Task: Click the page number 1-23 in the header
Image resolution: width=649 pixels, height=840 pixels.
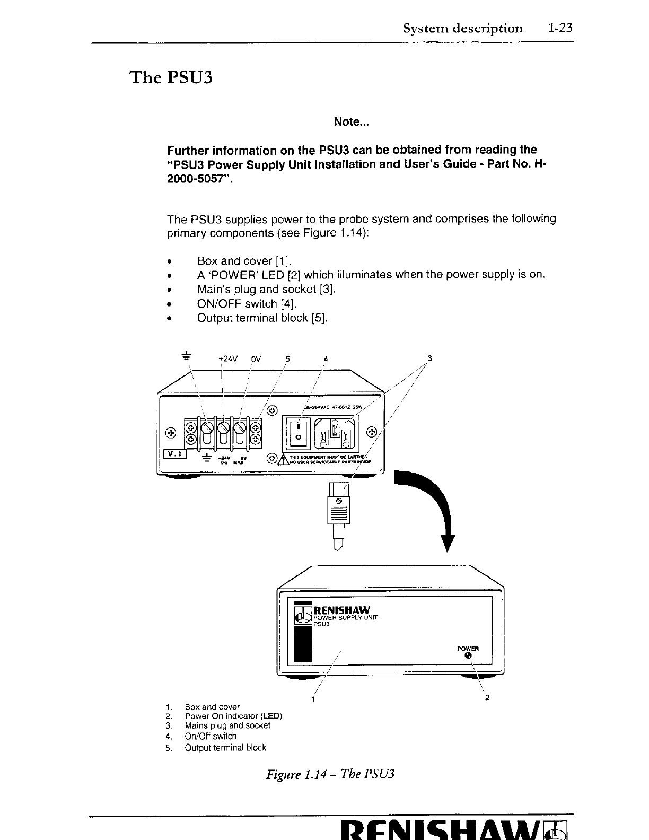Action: coord(560,28)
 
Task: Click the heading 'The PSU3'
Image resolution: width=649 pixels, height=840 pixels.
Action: coord(171,78)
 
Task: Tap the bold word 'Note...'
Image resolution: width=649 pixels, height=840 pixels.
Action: coord(351,122)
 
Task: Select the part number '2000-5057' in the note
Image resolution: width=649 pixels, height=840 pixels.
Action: coord(199,179)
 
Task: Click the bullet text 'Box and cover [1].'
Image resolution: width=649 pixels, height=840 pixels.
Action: coord(244,261)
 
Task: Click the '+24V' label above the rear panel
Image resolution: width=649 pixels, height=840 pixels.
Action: coord(229,358)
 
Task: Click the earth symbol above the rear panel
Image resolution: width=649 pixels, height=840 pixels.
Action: coord(187,355)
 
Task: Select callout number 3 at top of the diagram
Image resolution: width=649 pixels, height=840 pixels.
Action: coord(429,358)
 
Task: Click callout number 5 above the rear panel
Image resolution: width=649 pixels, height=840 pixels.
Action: coord(287,358)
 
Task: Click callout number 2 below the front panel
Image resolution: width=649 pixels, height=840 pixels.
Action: coord(487,697)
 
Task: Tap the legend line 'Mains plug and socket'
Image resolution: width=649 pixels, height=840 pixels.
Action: coord(227,725)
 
